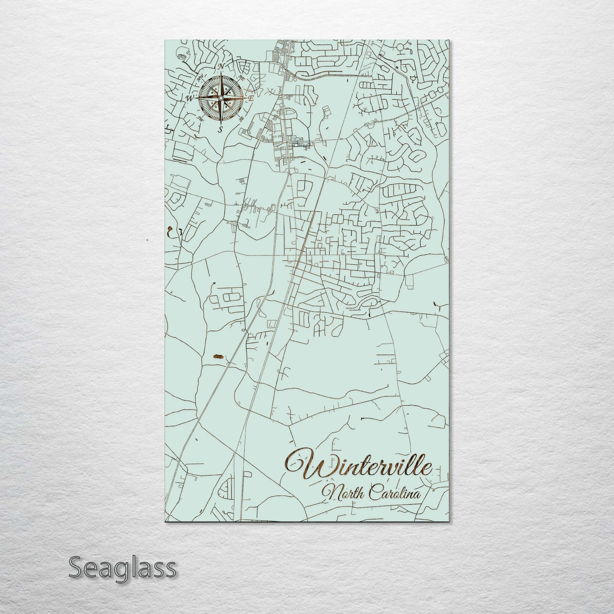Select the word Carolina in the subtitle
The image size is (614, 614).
point(394,493)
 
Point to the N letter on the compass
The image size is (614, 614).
point(221,67)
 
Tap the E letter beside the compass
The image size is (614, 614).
point(251,98)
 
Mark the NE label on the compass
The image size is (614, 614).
point(241,77)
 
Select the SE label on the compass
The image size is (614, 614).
point(241,119)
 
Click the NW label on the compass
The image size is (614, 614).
point(200,78)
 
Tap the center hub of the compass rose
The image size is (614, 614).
point(221,99)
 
